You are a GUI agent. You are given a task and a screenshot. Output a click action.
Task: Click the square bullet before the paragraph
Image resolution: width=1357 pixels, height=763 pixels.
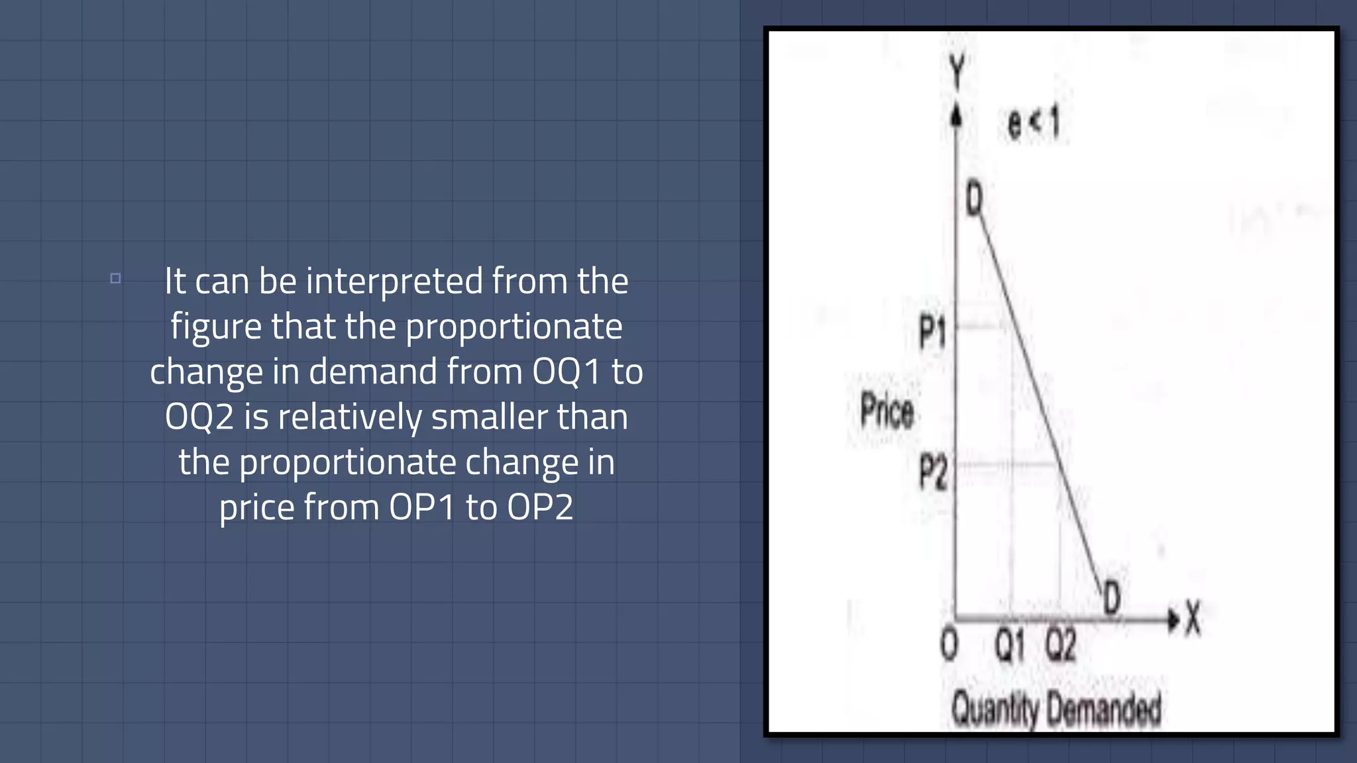(115, 278)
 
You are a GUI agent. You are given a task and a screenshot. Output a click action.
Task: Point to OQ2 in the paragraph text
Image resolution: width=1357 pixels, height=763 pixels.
(199, 417)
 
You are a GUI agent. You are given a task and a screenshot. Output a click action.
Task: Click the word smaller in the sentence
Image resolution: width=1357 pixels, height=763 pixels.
(489, 417)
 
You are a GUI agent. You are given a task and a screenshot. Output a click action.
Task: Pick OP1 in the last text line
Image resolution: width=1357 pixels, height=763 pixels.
(422, 507)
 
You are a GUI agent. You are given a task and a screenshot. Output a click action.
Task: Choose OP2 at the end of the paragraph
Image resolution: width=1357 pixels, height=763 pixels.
(540, 507)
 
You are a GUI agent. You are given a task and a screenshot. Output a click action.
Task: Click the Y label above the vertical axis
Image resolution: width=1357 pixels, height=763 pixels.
(957, 71)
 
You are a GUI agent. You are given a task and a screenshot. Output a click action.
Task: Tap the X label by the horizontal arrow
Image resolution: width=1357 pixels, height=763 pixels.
(1193, 618)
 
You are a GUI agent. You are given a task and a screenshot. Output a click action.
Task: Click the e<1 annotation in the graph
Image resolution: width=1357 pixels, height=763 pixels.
(1034, 123)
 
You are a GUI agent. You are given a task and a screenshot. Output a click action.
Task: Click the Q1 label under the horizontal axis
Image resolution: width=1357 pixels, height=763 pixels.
(1010, 644)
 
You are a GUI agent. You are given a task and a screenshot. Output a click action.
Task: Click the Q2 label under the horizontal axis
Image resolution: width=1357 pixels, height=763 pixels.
(1060, 644)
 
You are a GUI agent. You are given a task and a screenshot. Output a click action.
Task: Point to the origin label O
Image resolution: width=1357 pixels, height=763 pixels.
(949, 644)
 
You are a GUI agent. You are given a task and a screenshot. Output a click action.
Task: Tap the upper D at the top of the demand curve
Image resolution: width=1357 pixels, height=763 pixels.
(974, 199)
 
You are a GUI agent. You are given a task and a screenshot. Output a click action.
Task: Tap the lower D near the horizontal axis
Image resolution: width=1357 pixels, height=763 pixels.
(1112, 597)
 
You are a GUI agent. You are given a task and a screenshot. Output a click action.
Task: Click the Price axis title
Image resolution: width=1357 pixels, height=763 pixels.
(887, 411)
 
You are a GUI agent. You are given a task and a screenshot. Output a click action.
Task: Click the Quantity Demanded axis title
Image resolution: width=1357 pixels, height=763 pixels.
(1056, 709)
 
